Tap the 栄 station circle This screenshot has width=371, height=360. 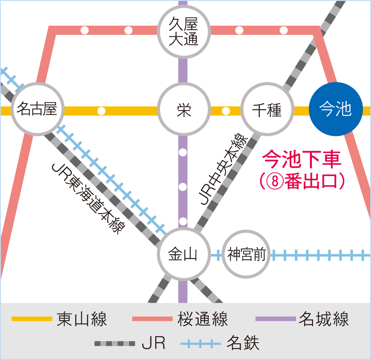click(x=183, y=111)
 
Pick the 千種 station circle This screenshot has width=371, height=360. click(x=267, y=111)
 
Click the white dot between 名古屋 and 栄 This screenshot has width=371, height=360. click(x=101, y=111)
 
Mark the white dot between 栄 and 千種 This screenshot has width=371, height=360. click(x=226, y=111)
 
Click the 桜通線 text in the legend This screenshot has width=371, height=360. click(x=203, y=319)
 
